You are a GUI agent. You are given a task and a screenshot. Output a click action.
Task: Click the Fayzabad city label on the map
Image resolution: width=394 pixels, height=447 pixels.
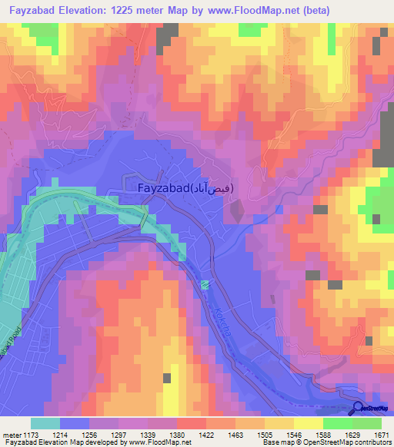[185, 187]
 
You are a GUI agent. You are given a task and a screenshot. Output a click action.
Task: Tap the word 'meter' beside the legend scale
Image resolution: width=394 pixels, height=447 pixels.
[12, 435]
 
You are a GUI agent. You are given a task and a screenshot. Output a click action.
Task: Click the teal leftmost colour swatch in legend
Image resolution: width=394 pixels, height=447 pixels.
[45, 423]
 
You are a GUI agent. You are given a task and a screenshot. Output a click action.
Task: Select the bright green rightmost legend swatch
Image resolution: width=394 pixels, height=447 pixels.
[366, 423]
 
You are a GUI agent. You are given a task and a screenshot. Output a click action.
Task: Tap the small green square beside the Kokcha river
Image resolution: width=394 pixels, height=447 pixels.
[205, 286]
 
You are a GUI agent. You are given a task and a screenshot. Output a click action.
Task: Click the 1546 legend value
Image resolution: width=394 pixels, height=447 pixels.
[294, 435]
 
